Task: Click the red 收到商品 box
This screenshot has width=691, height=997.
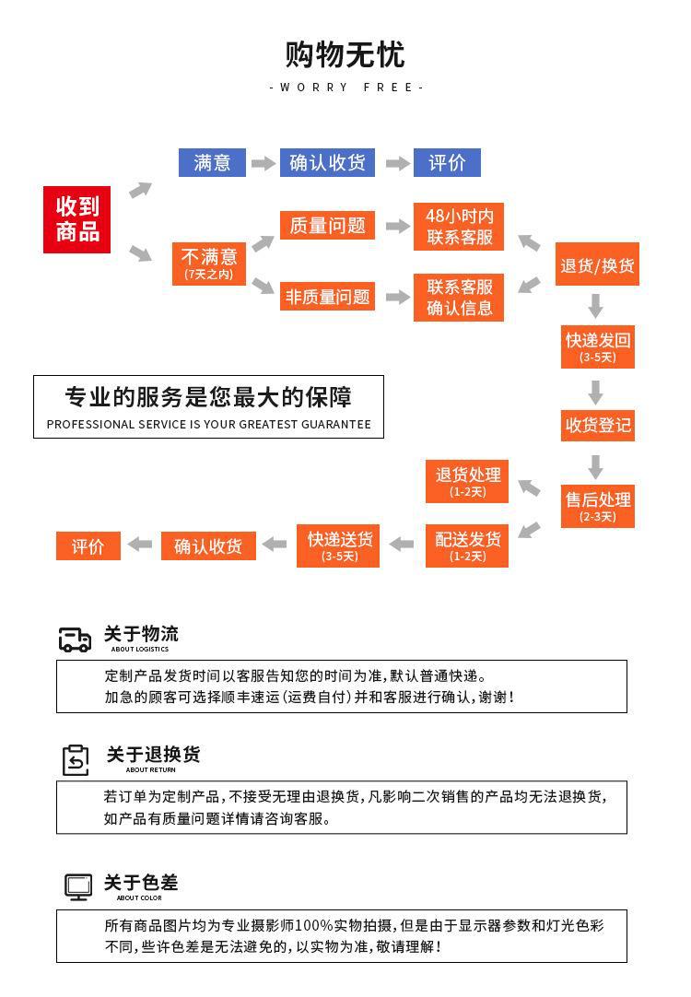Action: [76, 219]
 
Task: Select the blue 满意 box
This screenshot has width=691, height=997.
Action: [212, 163]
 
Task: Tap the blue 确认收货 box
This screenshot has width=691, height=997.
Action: [327, 163]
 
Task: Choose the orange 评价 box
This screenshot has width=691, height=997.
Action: [88, 545]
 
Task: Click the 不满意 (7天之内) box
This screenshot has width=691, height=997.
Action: [209, 263]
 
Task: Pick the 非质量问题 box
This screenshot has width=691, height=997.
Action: [327, 297]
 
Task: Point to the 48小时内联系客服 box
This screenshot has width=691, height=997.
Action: [459, 227]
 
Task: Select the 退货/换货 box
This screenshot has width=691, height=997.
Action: [597, 265]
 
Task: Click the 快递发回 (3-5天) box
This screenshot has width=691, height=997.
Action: [597, 346]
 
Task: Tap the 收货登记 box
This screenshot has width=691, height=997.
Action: [597, 425]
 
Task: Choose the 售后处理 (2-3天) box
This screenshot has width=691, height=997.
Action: [597, 505]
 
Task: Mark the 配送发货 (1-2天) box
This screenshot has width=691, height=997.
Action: [467, 545]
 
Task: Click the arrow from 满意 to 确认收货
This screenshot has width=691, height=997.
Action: [264, 164]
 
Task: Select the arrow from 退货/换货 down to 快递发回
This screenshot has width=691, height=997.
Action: [596, 305]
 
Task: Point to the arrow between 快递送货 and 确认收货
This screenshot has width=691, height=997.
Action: [275, 545]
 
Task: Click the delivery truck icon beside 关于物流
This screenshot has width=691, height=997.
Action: [76, 639]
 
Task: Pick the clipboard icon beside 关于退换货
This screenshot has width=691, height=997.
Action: [76, 760]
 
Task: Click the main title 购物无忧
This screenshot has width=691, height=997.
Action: [345, 55]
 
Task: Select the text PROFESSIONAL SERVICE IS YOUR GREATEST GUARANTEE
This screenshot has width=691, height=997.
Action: [208, 425]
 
